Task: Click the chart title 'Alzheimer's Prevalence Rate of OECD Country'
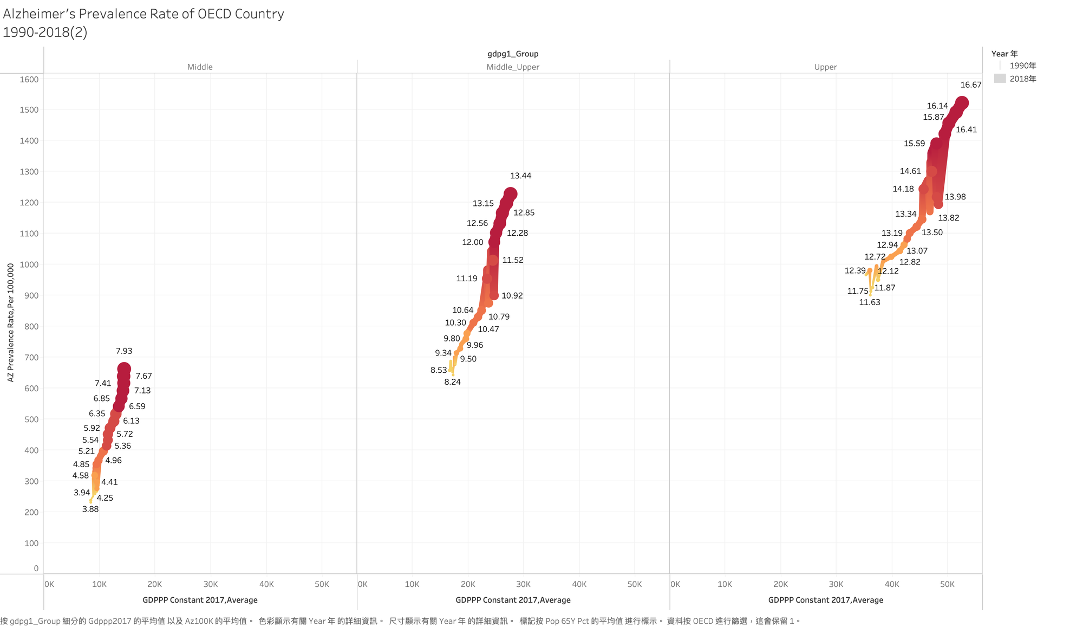[143, 14]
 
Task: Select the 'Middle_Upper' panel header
[513, 67]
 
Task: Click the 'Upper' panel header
[825, 67]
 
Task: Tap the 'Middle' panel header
[200, 67]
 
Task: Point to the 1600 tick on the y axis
[29, 79]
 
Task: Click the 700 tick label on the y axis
[31, 358]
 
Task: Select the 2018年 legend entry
[1022, 79]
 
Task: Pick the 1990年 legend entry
[1022, 66]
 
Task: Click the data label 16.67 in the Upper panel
[970, 85]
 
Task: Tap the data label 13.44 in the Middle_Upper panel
[520, 176]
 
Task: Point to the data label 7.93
[124, 351]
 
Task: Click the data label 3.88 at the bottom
[90, 509]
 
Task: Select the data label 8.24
[452, 382]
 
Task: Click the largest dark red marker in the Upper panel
[962, 103]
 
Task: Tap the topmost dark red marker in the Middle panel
[124, 369]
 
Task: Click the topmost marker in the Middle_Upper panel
[510, 194]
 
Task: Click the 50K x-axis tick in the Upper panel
[947, 584]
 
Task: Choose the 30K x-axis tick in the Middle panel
[211, 584]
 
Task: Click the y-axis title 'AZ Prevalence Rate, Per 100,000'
[11, 322]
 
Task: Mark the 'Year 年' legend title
[1004, 54]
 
